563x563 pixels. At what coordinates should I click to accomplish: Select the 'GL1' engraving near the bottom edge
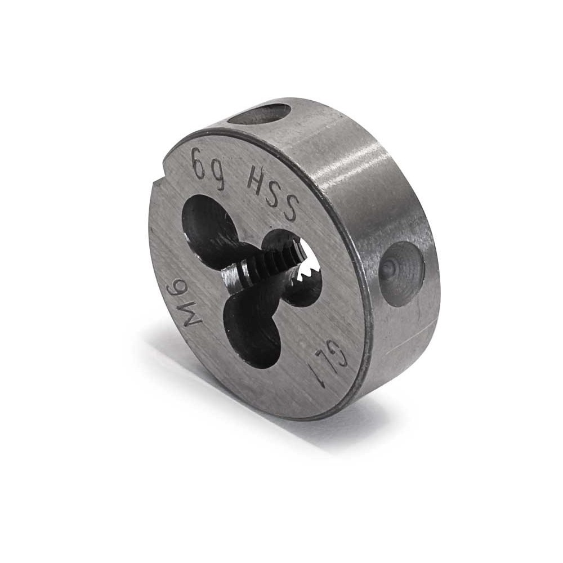click(x=329, y=361)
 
